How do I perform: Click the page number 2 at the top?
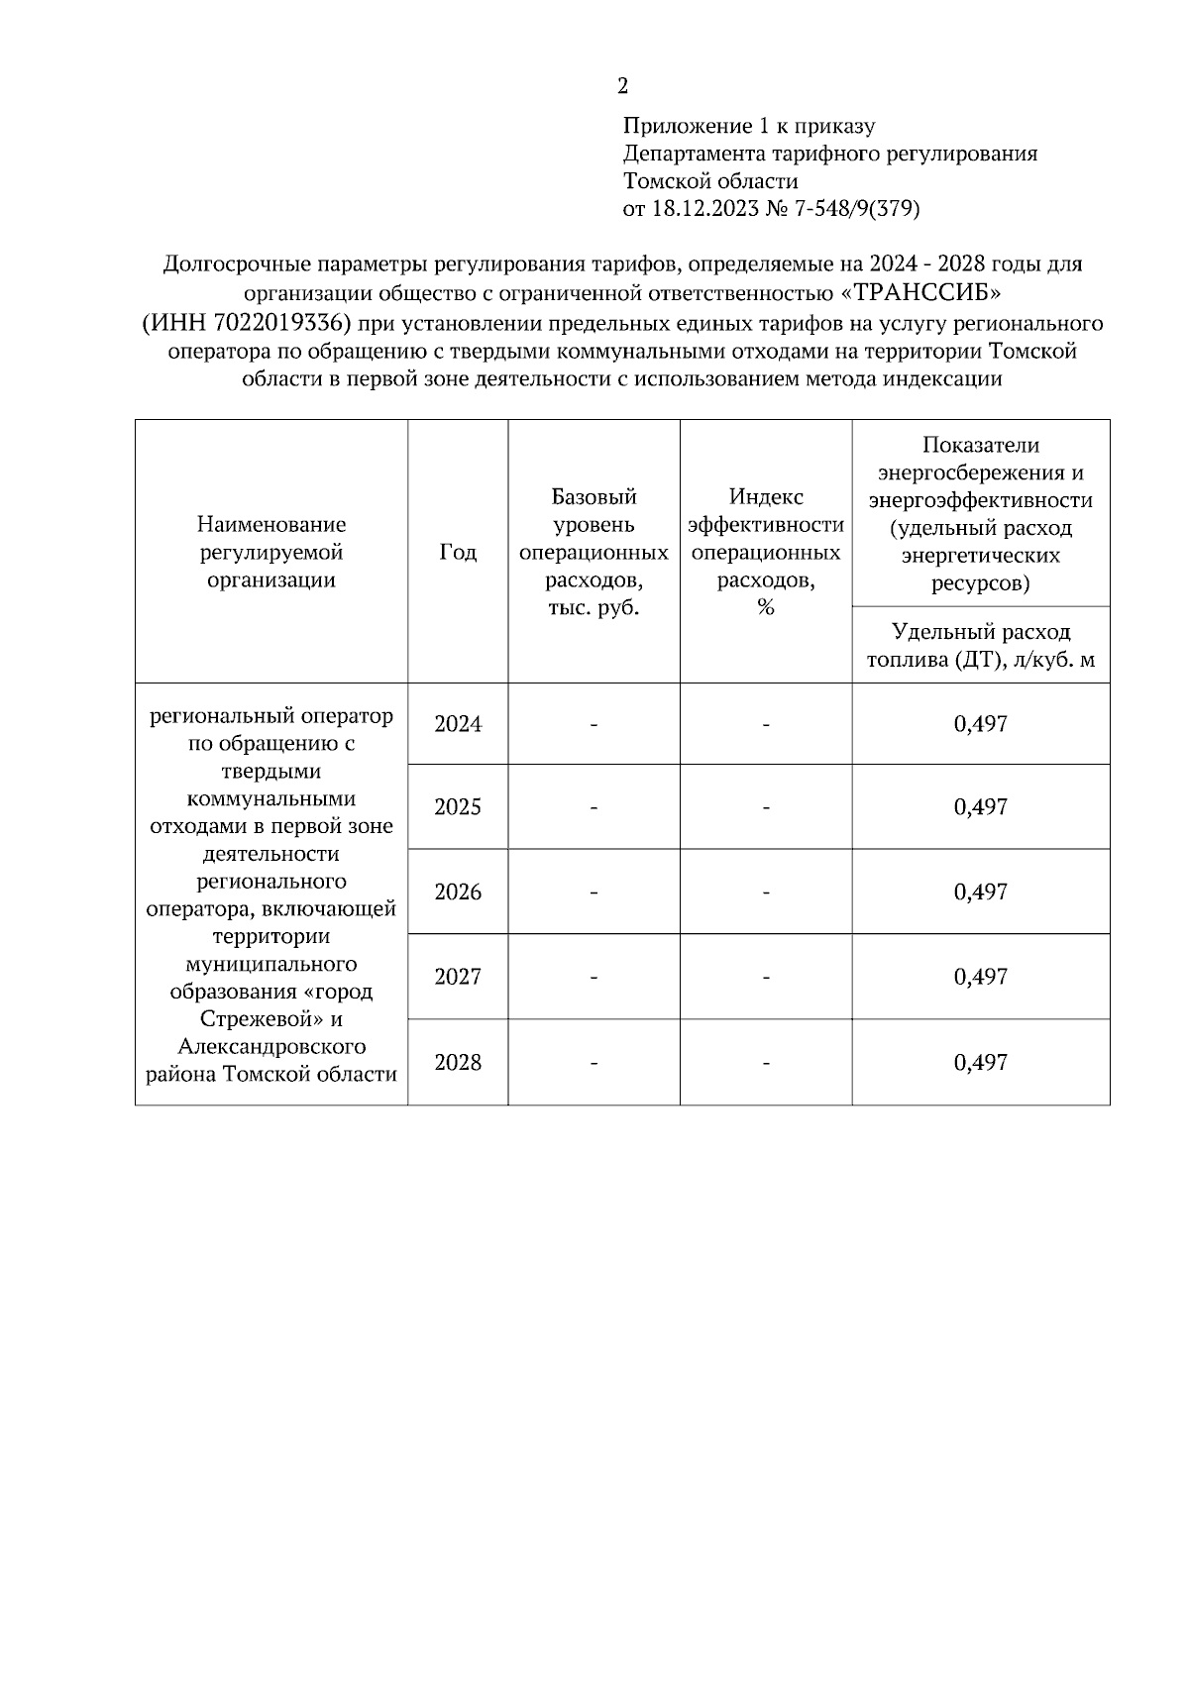(622, 86)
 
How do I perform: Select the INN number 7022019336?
(292, 324)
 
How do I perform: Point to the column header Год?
(457, 553)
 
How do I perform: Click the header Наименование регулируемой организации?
(270, 552)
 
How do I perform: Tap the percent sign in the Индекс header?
(765, 607)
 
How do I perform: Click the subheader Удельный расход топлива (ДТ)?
(980, 646)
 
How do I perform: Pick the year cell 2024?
(457, 724)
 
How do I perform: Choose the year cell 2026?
(457, 892)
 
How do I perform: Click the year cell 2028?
(457, 1063)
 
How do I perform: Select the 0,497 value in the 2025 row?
(980, 806)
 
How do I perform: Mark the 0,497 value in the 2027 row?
(980, 977)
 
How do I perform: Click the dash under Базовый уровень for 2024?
(594, 725)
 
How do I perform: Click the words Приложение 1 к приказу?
(748, 126)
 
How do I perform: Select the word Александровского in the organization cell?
(270, 1047)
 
